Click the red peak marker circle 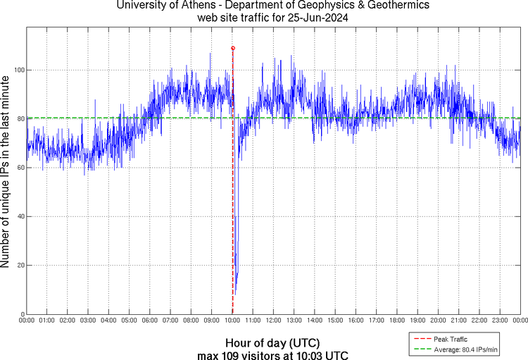[x=233, y=48]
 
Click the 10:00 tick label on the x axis [x=232, y=321]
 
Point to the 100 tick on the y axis [x=19, y=70]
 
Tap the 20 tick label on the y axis [x=20, y=266]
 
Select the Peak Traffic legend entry [x=451, y=339]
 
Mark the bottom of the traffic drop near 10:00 [x=235, y=294]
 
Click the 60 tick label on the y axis [x=20, y=168]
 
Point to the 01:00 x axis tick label [x=47, y=321]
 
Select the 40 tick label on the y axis [x=20, y=216]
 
